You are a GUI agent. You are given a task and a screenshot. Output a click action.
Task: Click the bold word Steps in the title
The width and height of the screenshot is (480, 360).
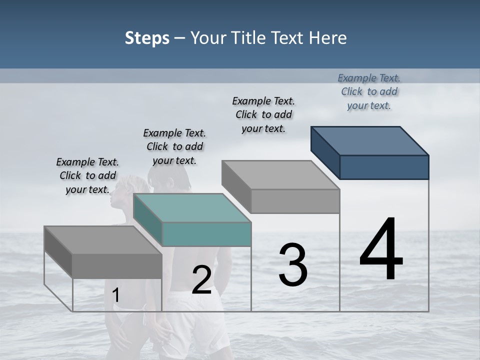147,38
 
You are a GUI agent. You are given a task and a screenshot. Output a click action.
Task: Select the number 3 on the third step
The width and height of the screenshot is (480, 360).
293,264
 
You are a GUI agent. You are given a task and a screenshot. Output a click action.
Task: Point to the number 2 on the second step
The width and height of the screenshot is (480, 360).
201,280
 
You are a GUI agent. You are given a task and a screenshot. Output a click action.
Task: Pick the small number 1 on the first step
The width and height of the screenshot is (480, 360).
115,295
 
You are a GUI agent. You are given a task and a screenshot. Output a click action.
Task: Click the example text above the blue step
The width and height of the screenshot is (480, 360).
369,91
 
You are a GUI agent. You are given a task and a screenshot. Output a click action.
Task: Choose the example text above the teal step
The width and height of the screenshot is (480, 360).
174,146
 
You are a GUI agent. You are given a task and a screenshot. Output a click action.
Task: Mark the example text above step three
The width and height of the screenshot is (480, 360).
263,114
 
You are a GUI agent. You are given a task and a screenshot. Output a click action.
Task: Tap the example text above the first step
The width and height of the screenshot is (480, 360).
87,175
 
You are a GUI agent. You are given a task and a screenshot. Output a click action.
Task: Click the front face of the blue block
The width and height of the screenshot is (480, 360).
384,167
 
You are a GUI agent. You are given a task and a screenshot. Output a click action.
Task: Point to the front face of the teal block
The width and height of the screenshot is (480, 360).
206,234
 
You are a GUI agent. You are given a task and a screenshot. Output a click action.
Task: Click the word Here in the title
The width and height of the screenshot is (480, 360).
328,38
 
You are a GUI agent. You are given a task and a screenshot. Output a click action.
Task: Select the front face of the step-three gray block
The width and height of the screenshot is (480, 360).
295,201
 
